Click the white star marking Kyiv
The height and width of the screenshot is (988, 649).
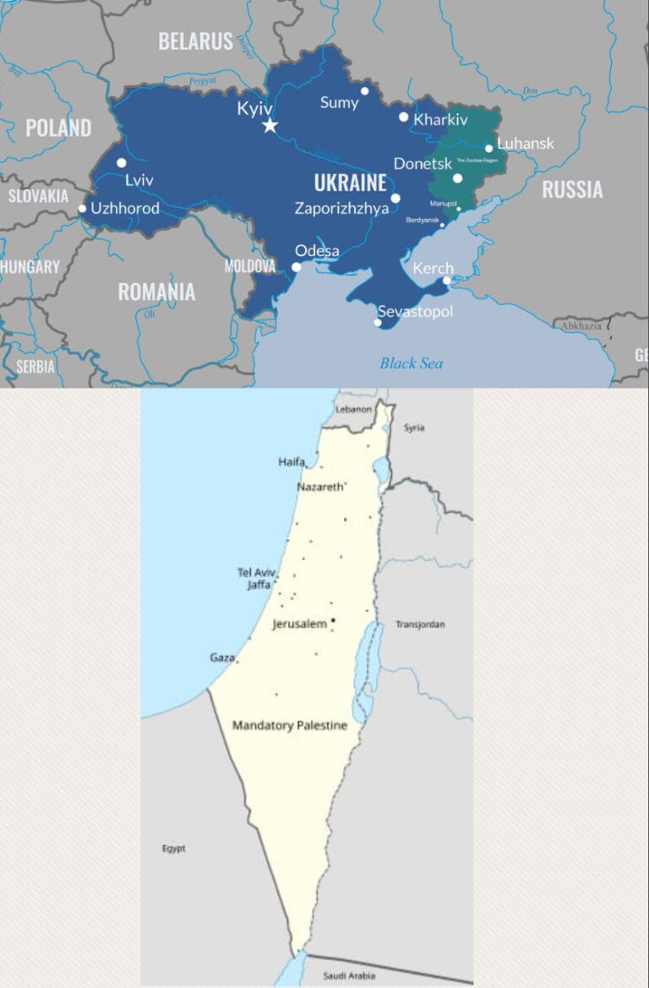(x=270, y=126)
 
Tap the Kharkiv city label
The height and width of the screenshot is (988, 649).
(x=440, y=120)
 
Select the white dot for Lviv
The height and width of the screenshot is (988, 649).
(x=122, y=163)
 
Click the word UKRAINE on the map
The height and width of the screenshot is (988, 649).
(x=350, y=183)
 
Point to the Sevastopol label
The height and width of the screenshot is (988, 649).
(x=415, y=312)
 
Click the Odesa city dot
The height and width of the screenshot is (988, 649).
(x=297, y=267)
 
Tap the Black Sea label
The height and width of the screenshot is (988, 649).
(x=411, y=363)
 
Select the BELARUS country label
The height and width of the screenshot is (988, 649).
(x=195, y=41)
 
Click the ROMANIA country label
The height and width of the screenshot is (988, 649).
(x=156, y=292)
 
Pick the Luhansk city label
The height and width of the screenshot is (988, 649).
(x=526, y=144)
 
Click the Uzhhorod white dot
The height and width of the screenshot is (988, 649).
(x=82, y=209)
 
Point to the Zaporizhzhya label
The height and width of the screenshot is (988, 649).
(x=341, y=209)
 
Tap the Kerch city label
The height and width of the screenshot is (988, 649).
(x=433, y=269)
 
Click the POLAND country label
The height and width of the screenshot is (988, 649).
(x=58, y=128)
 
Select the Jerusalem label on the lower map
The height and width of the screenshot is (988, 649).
(x=299, y=624)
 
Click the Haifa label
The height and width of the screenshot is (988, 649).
(x=291, y=461)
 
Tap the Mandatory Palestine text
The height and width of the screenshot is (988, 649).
(x=290, y=725)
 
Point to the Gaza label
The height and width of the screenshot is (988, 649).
(x=221, y=657)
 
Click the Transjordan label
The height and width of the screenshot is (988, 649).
(x=420, y=625)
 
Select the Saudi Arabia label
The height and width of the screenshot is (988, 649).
(x=347, y=976)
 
